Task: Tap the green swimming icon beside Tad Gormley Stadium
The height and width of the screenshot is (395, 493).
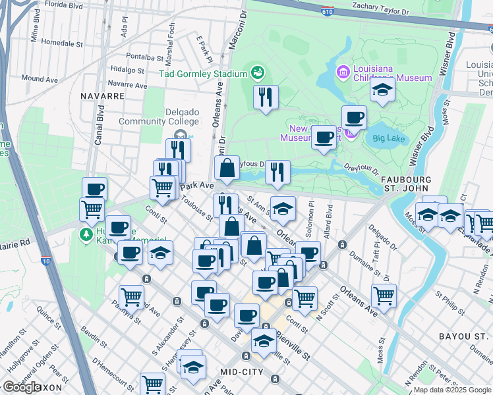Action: (x=258, y=72)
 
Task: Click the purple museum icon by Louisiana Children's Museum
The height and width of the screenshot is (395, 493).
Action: (x=342, y=70)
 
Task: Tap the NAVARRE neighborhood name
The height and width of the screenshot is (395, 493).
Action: (x=102, y=95)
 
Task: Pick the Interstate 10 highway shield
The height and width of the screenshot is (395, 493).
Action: (x=44, y=261)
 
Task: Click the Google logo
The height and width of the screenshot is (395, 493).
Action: (x=22, y=387)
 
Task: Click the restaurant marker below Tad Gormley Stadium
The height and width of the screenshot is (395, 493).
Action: (x=266, y=97)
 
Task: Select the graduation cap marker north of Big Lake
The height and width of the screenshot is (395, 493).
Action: (x=382, y=91)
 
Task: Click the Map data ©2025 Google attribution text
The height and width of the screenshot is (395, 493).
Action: (x=453, y=390)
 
